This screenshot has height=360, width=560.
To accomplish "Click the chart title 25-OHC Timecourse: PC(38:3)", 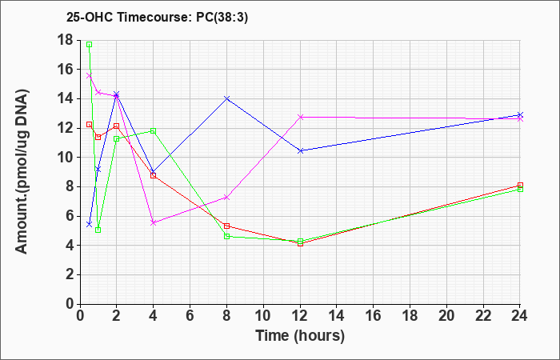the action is coord(157,18).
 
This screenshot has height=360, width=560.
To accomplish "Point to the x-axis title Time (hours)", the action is coord(300,336).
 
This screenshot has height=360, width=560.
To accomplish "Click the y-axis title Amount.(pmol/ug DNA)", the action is coord(22,171).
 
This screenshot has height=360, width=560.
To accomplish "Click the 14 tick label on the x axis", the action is coord(337,316).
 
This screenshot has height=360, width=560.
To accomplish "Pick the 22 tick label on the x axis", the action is coord(483,316).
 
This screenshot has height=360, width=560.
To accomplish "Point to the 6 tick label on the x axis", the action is coord(190,316).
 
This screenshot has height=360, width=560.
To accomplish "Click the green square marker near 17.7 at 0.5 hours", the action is coord(90,44).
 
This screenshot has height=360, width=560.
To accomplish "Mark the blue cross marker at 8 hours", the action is coord(226,98).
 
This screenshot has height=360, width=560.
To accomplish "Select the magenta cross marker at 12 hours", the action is coord(300,117).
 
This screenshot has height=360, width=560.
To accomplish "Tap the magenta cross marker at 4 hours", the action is coord(154,222).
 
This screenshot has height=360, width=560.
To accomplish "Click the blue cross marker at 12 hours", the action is coord(300,150).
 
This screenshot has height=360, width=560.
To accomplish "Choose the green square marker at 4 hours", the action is coord(154,131).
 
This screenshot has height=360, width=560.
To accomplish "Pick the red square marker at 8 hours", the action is coord(226,226).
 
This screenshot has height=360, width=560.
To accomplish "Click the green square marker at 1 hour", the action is coord(98,230).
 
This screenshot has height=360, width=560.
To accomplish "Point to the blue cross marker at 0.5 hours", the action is coord(90,224).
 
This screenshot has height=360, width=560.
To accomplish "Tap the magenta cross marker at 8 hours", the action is coord(226,197).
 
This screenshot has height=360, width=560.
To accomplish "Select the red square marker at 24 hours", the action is coord(520,185).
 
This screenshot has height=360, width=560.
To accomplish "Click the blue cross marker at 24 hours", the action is coord(520,114).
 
